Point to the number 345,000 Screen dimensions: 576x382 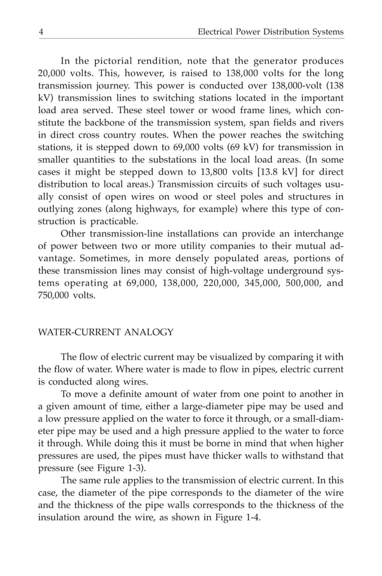[240, 283]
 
